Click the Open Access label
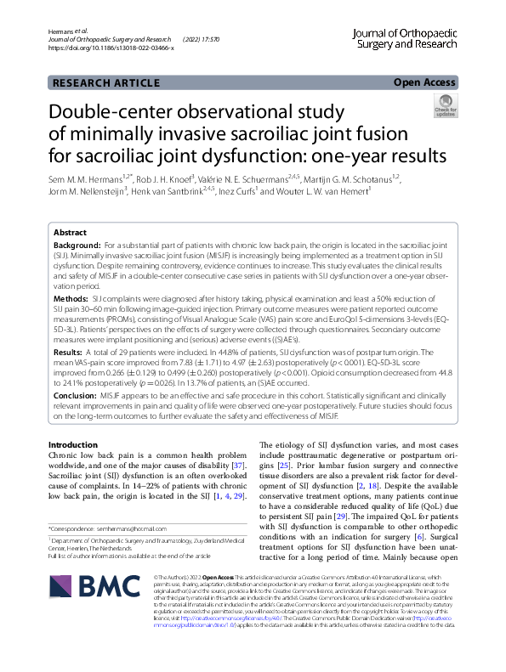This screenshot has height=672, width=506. pos(424,82)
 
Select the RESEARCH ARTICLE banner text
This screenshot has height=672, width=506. pos(105,82)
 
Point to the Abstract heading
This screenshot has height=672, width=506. pos(70,232)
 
